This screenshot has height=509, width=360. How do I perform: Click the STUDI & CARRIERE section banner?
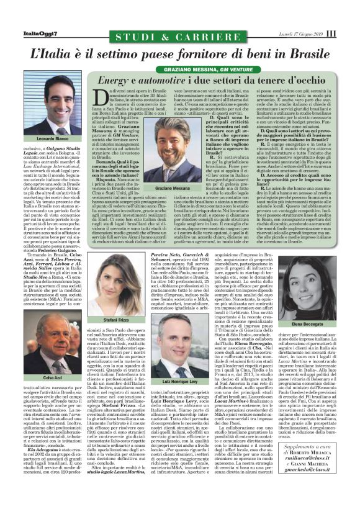pos(180,34)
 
